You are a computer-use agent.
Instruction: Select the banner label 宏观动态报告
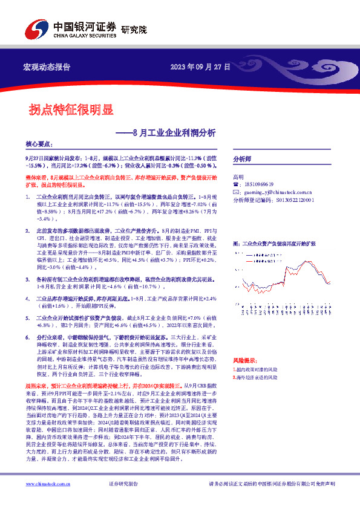pos(47,67)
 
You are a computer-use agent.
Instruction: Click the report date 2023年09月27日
pos(200,67)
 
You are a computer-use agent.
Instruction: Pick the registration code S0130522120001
pos(284,198)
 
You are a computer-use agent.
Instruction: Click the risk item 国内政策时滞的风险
pos(257,369)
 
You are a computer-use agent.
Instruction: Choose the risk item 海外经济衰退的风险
pos(257,377)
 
